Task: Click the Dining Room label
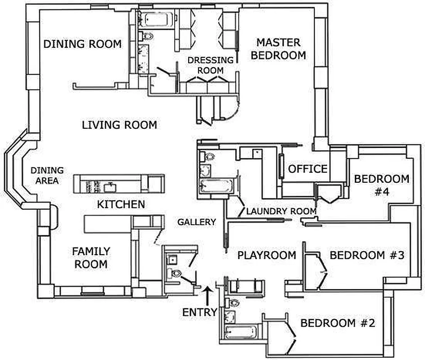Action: pyautogui.click(x=82, y=44)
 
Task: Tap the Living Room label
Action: pyautogui.click(x=120, y=125)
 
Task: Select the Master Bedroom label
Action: pyautogui.click(x=278, y=49)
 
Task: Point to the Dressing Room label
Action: pyautogui.click(x=210, y=65)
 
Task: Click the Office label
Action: pyautogui.click(x=307, y=169)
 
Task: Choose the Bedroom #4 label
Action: pyautogui.click(x=382, y=185)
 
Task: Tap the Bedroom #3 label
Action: pyautogui.click(x=367, y=255)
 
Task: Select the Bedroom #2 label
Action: pyautogui.click(x=338, y=323)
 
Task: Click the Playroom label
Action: pyautogui.click(x=267, y=255)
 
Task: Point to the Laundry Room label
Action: pyautogui.click(x=281, y=211)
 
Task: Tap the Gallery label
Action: pyautogui.click(x=196, y=222)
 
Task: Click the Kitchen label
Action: pyautogui.click(x=121, y=204)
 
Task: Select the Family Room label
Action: pyautogui.click(x=91, y=257)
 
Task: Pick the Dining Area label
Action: pyautogui.click(x=47, y=175)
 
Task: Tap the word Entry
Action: pyautogui.click(x=200, y=312)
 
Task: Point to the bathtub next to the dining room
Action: pyautogui.click(x=156, y=19)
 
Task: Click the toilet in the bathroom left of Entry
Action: pyautogui.click(x=174, y=273)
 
